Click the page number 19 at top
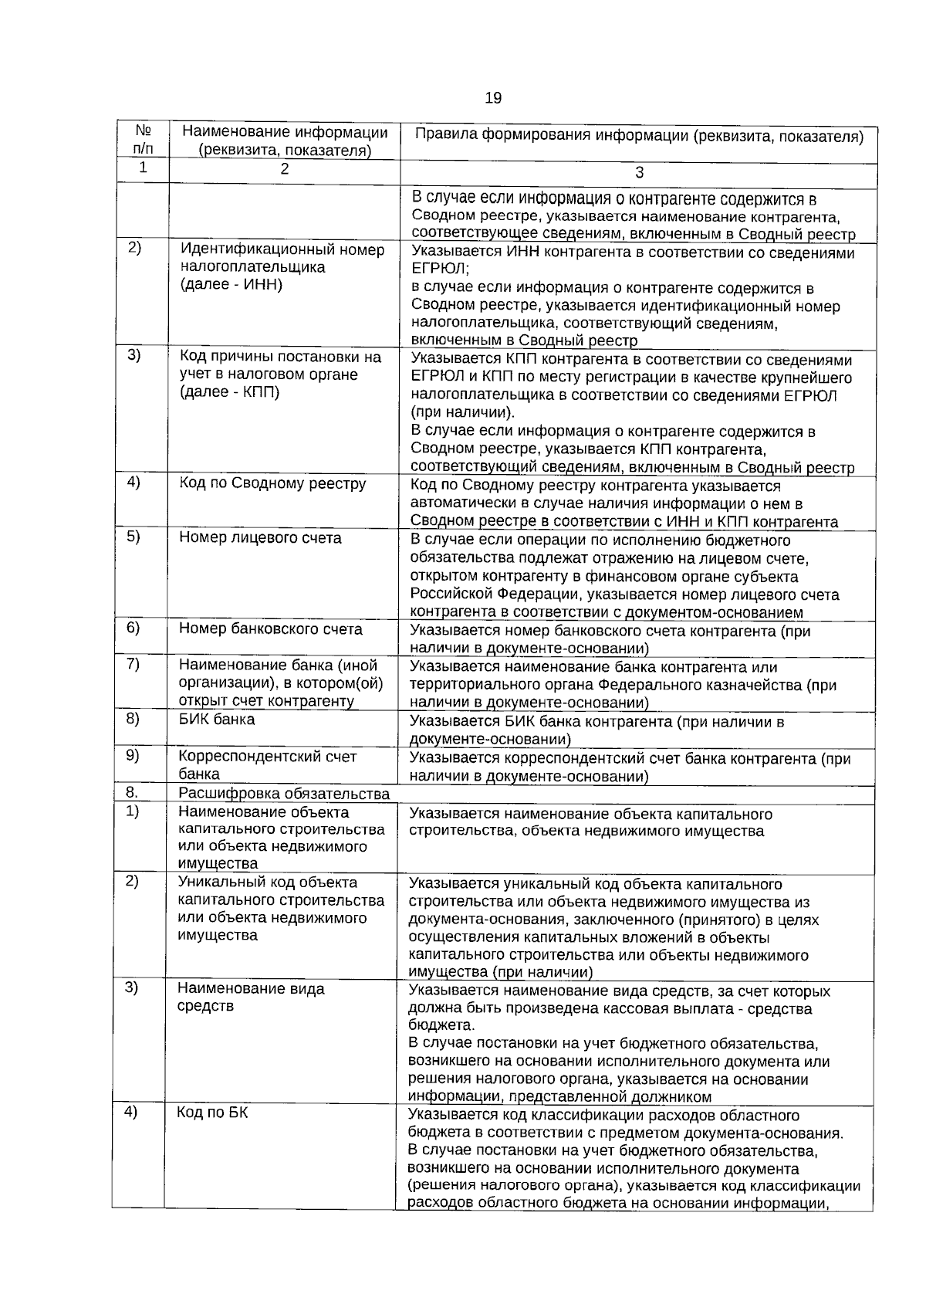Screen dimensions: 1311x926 pyautogui.click(x=493, y=98)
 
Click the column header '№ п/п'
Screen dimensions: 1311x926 pyautogui.click(x=143, y=140)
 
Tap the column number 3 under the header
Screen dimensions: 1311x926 pyautogui.click(x=639, y=174)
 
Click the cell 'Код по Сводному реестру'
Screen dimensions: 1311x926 pyautogui.click(x=272, y=484)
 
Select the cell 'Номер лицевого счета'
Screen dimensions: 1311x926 pyautogui.click(x=260, y=538)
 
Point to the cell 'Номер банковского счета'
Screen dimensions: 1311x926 pyautogui.click(x=270, y=629)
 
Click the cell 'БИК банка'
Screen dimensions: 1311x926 pyautogui.click(x=217, y=720)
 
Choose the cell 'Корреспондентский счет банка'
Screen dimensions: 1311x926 pyautogui.click(x=267, y=765)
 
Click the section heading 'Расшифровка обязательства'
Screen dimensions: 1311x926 pyautogui.click(x=284, y=794)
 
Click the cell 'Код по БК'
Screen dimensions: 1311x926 pyautogui.click(x=213, y=1113)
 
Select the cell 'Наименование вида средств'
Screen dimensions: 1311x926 pyautogui.click(x=251, y=998)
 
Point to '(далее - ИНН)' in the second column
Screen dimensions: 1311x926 pyautogui.click(x=231, y=285)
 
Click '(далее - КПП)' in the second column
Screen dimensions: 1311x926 pyautogui.click(x=230, y=392)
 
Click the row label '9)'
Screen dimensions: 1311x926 pyautogui.click(x=133, y=755)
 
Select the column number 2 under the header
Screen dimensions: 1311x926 pyautogui.click(x=284, y=170)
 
